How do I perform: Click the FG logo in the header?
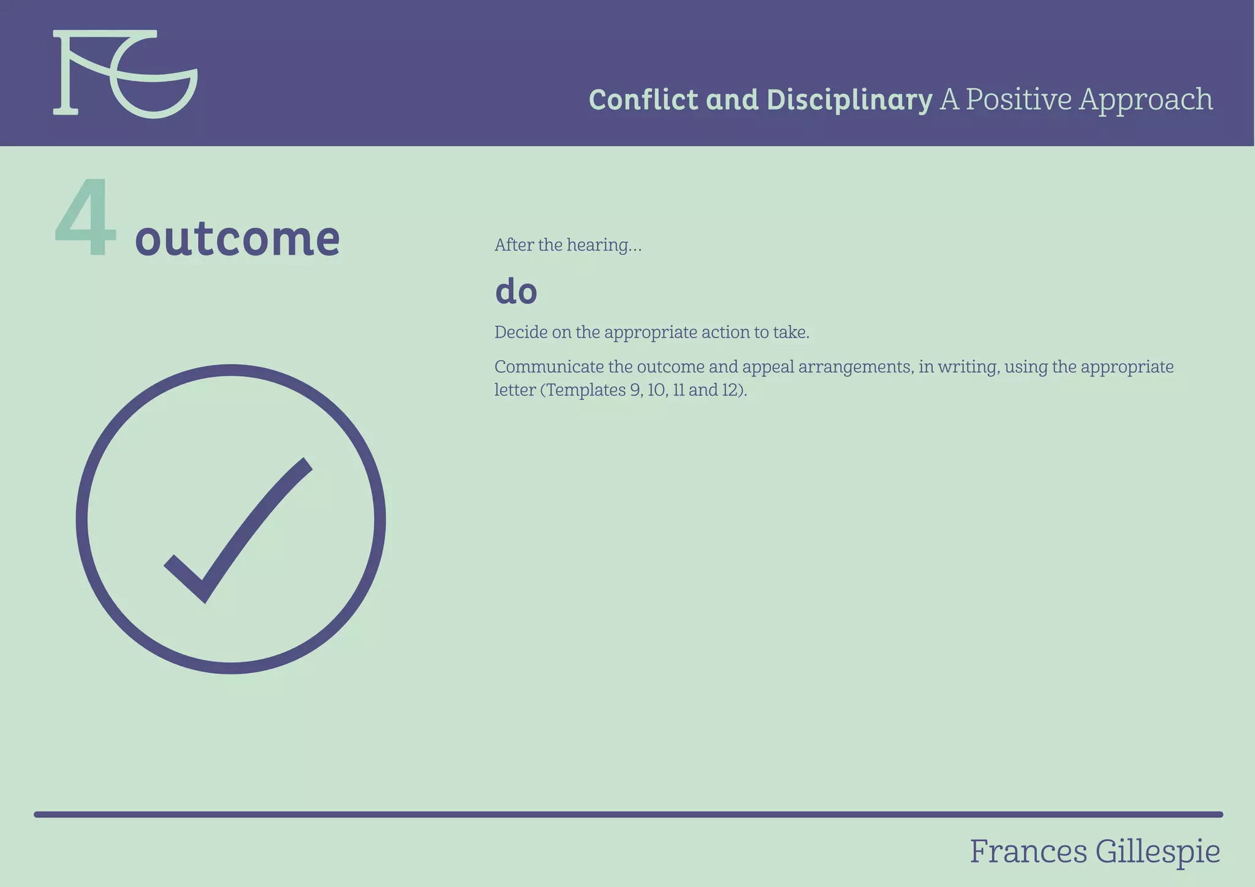pyautogui.click(x=125, y=74)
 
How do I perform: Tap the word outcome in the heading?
pyautogui.click(x=237, y=238)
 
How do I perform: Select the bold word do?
pyautogui.click(x=516, y=291)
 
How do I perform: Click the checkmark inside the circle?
pyautogui.click(x=239, y=530)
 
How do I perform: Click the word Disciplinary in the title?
pyautogui.click(x=849, y=100)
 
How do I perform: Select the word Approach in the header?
pyautogui.click(x=1146, y=100)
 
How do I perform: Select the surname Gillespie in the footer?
pyautogui.click(x=1158, y=852)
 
